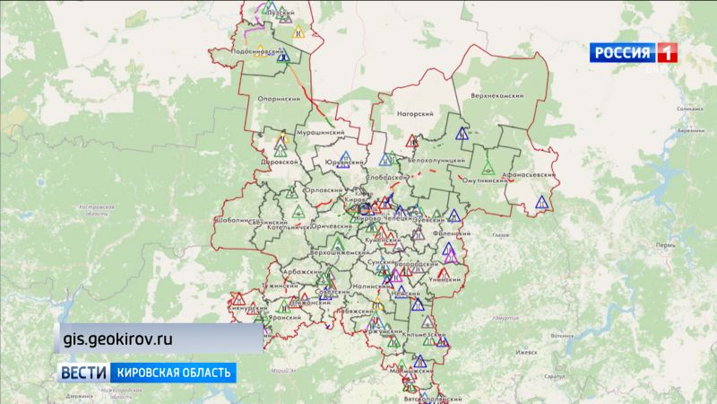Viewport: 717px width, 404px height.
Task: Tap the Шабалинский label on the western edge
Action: click(237, 220)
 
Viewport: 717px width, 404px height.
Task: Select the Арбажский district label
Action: click(275, 271)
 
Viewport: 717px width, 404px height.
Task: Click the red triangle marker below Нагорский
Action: click(412, 140)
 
